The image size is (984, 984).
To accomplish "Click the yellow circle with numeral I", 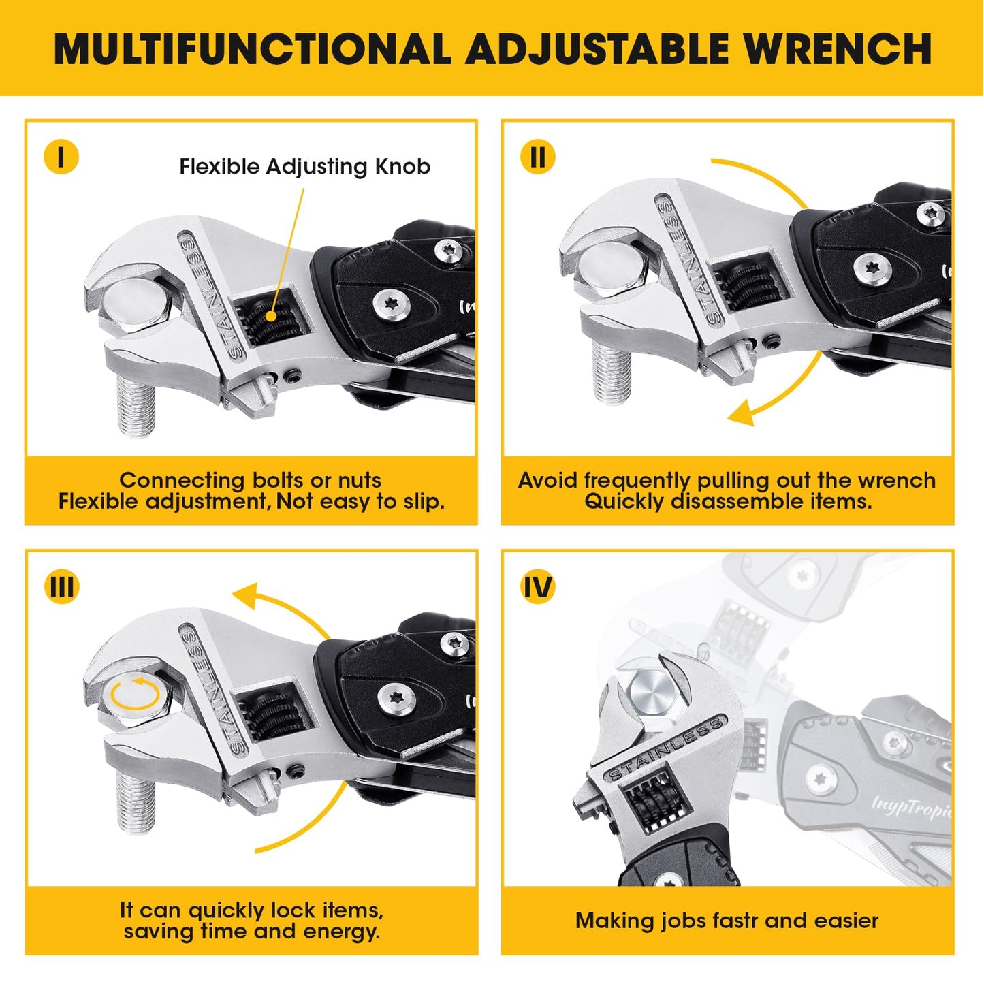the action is click(61, 157).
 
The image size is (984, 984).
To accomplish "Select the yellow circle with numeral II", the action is click(537, 157).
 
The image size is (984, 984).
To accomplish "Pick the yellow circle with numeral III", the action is click(61, 587).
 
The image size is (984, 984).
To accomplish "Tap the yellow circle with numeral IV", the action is click(538, 587).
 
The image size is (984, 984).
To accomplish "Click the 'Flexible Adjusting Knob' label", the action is click(305, 167).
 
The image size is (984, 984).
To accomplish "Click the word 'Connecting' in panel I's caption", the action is click(182, 481).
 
